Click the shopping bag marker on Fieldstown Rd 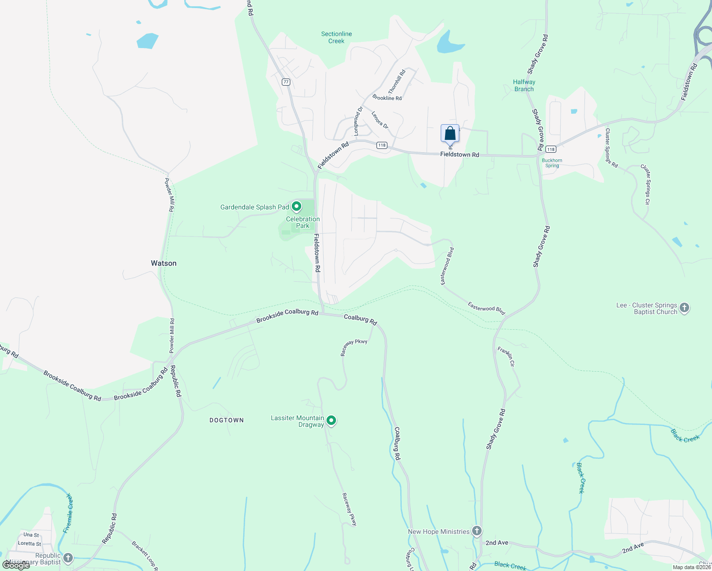(x=450, y=134)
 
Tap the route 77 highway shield (x=286, y=82)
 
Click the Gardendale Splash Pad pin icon (x=297, y=207)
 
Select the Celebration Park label (x=303, y=222)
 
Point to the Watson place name (x=164, y=263)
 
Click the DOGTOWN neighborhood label (x=227, y=420)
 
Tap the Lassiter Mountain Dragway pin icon (x=331, y=421)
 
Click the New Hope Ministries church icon (x=477, y=532)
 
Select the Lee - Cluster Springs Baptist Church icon (x=684, y=308)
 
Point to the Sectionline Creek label (x=336, y=37)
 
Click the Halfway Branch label (x=524, y=85)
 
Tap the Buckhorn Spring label (x=552, y=163)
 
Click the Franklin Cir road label (x=506, y=356)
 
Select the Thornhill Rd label (x=396, y=81)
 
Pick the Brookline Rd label (x=387, y=98)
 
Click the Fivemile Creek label (x=69, y=513)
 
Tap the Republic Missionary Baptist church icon (x=68, y=558)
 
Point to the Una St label (x=31, y=535)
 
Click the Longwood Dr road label (x=357, y=121)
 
